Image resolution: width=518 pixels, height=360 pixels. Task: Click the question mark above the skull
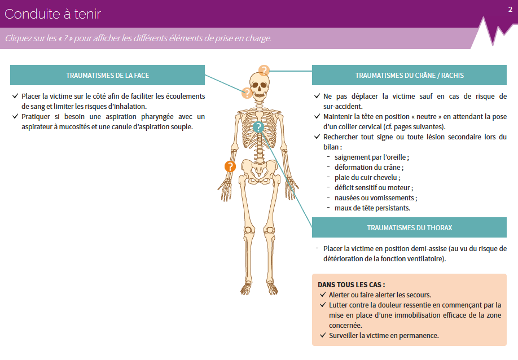tap(264, 71)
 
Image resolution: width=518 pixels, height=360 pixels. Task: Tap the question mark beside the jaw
tap(247, 93)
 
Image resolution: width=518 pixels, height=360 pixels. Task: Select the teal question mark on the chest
tap(258, 127)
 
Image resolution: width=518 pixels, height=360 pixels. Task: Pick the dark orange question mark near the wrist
tap(230, 166)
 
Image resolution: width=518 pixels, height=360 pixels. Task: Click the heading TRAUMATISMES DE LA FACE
tap(107, 75)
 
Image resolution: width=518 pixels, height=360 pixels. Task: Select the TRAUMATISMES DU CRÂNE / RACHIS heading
tap(409, 75)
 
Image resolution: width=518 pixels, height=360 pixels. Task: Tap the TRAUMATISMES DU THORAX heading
tap(409, 227)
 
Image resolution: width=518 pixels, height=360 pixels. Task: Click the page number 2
tap(510, 9)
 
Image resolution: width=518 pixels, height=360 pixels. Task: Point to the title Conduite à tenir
tap(52, 14)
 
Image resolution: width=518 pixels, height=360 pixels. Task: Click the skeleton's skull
tap(259, 86)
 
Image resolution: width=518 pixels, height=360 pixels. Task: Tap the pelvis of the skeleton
tap(260, 170)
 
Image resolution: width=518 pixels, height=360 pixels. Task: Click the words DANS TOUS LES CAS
tap(351, 285)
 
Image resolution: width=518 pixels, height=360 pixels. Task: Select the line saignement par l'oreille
tap(372, 157)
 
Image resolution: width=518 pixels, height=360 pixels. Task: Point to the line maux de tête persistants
tap(372, 208)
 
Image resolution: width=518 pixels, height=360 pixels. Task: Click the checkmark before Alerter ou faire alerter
tap(323, 295)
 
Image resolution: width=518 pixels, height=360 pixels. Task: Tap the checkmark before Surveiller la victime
tap(323, 335)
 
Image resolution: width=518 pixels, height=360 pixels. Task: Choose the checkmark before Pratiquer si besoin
tap(15, 116)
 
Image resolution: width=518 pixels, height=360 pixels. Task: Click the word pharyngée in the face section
tap(157, 117)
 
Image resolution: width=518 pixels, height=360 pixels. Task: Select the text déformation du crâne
tap(368, 168)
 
